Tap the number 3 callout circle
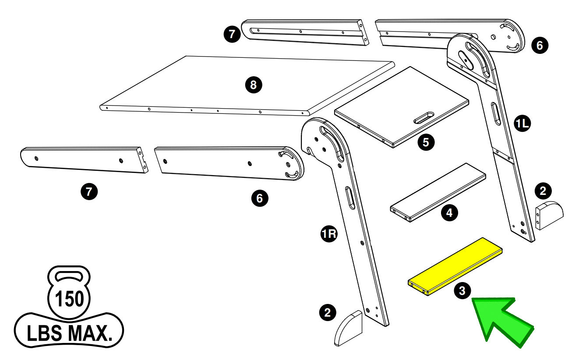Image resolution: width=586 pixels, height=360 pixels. pyautogui.click(x=462, y=290)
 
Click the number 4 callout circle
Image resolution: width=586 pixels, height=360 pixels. pyautogui.click(x=449, y=213)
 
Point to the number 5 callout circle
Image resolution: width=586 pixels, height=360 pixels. pyautogui.click(x=426, y=142)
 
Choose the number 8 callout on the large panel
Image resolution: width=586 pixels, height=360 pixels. pyautogui.click(x=253, y=85)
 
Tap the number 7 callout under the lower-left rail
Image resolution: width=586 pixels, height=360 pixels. pyautogui.click(x=89, y=191)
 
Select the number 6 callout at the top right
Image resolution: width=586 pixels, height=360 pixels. pyautogui.click(x=540, y=45)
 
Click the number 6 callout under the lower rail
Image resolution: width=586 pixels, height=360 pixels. pyautogui.click(x=260, y=198)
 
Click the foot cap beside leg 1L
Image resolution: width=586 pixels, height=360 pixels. pyautogui.click(x=550, y=215)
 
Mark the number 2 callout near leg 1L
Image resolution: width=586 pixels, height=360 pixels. pyautogui.click(x=543, y=191)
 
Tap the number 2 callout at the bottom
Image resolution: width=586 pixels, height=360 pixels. pyautogui.click(x=328, y=312)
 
